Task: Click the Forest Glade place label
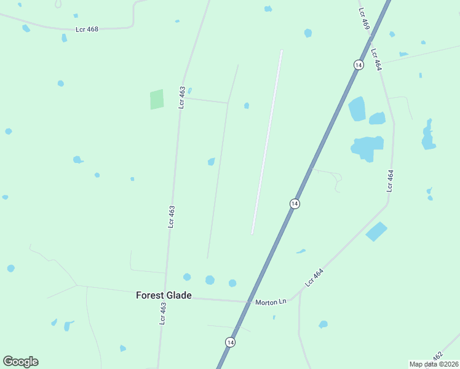point(164,295)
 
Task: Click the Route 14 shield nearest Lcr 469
point(357,65)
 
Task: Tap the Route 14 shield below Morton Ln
point(230,342)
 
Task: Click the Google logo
point(20,362)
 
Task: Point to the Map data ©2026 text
point(434,364)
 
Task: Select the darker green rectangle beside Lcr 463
point(157,99)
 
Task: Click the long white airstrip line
point(266,141)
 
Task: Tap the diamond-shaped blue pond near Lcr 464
point(376,231)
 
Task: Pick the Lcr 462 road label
point(437,356)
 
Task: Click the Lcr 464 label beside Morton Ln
point(314,278)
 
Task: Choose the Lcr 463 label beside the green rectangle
point(182,97)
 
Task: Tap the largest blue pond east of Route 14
point(367,148)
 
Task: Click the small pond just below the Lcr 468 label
point(64,38)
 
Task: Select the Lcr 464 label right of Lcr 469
point(376,59)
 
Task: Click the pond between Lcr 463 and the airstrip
point(211,162)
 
